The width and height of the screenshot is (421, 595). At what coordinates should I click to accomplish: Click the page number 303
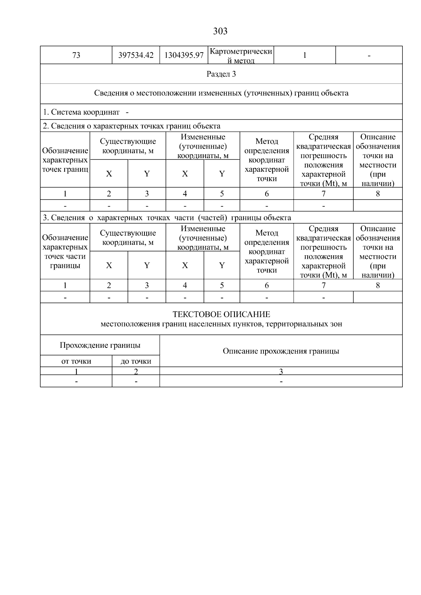coord(220,32)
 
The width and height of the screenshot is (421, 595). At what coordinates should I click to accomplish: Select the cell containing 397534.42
coord(136,55)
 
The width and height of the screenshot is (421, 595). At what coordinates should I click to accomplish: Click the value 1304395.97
coord(184,55)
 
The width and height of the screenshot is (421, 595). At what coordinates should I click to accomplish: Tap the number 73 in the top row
coord(76,55)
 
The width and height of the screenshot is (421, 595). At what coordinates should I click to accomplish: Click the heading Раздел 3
coord(221,74)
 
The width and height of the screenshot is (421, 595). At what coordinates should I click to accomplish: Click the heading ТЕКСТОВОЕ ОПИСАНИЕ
coord(221,314)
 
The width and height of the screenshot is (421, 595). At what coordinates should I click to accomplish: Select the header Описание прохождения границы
coord(281,351)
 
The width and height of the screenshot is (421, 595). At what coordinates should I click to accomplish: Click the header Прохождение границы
coord(100,345)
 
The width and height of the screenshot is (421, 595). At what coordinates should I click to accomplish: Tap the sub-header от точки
coord(76,361)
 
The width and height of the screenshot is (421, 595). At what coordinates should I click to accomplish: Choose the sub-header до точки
coord(136,361)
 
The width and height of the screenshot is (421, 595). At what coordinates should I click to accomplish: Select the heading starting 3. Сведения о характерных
coord(167,218)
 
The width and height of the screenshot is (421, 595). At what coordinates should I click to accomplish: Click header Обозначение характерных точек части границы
coord(65,252)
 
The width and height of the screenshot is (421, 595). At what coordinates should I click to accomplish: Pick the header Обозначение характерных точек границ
coord(65,160)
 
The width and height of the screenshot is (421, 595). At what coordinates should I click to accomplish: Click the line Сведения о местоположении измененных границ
coord(221,93)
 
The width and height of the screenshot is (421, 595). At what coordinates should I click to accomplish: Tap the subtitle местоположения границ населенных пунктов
coord(221,324)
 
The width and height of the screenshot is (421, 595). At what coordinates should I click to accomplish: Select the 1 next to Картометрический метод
coord(305,55)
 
